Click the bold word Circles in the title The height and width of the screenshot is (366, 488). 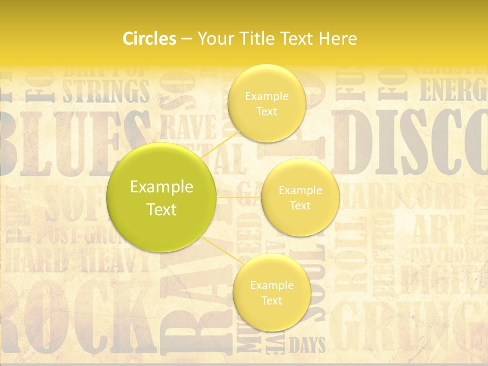(x=149, y=39)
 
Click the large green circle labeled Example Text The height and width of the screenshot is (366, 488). (x=161, y=197)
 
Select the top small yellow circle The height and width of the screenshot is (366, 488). (x=266, y=103)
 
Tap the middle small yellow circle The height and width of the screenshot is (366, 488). (x=300, y=197)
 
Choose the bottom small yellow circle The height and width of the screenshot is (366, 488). (x=271, y=292)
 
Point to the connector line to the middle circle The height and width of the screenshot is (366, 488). (x=238, y=197)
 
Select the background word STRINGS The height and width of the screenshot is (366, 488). (x=106, y=91)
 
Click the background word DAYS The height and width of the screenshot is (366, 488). (x=307, y=345)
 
